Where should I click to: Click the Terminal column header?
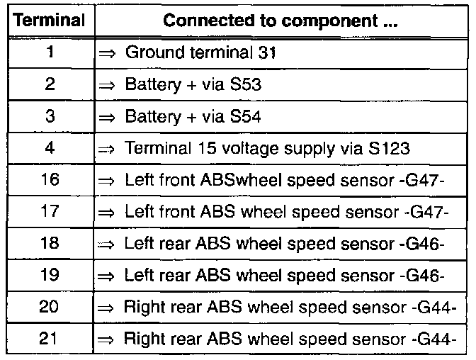[47, 21]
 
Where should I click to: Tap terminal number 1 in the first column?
[49, 52]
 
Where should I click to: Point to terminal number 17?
[49, 212]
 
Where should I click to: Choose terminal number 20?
[49, 307]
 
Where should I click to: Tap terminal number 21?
[49, 339]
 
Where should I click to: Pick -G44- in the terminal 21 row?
[433, 339]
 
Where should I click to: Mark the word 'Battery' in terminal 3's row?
[149, 117]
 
